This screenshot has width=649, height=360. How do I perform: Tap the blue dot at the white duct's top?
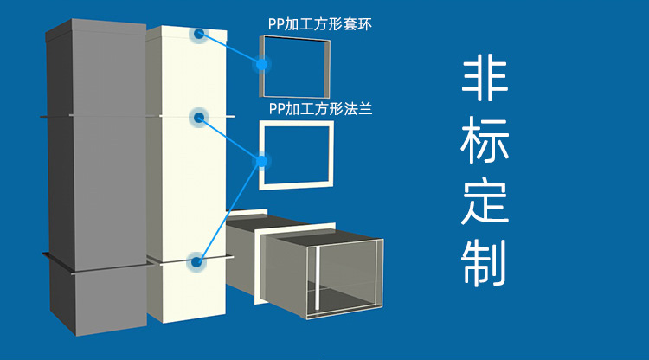point(199,34)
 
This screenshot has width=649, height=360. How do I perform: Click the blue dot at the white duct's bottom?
point(197,260)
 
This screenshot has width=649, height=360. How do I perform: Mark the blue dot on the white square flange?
point(260,160)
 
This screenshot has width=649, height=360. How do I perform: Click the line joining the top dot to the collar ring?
point(230,48)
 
